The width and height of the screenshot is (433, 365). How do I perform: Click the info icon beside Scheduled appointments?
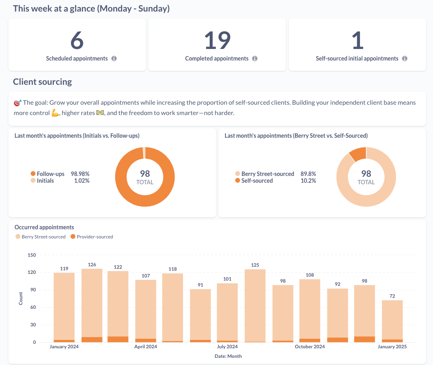pyautogui.click(x=114, y=59)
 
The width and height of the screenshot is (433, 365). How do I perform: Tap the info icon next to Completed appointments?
pyautogui.click(x=255, y=59)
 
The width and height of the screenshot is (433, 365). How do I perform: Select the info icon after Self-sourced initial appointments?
pyautogui.click(x=405, y=59)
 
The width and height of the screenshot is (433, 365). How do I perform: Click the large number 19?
pyautogui.click(x=217, y=40)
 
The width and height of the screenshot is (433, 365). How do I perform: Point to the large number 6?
pyautogui.click(x=77, y=40)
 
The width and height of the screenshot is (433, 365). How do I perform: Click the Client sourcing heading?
pyautogui.click(x=42, y=82)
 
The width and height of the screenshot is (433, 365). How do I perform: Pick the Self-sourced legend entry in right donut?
pyautogui.click(x=257, y=181)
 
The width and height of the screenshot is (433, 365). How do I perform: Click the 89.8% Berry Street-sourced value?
pyautogui.click(x=308, y=174)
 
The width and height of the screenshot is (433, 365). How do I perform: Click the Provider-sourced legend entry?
pyautogui.click(x=94, y=237)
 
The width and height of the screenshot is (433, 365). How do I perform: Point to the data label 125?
pyautogui.click(x=255, y=265)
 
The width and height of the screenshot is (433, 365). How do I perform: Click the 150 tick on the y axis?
pyautogui.click(x=31, y=255)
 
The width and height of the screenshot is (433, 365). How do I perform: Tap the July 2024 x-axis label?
pyautogui.click(x=227, y=347)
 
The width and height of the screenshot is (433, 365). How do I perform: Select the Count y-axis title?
pyautogui.click(x=21, y=299)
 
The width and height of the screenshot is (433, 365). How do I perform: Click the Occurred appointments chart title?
pyautogui.click(x=44, y=227)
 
